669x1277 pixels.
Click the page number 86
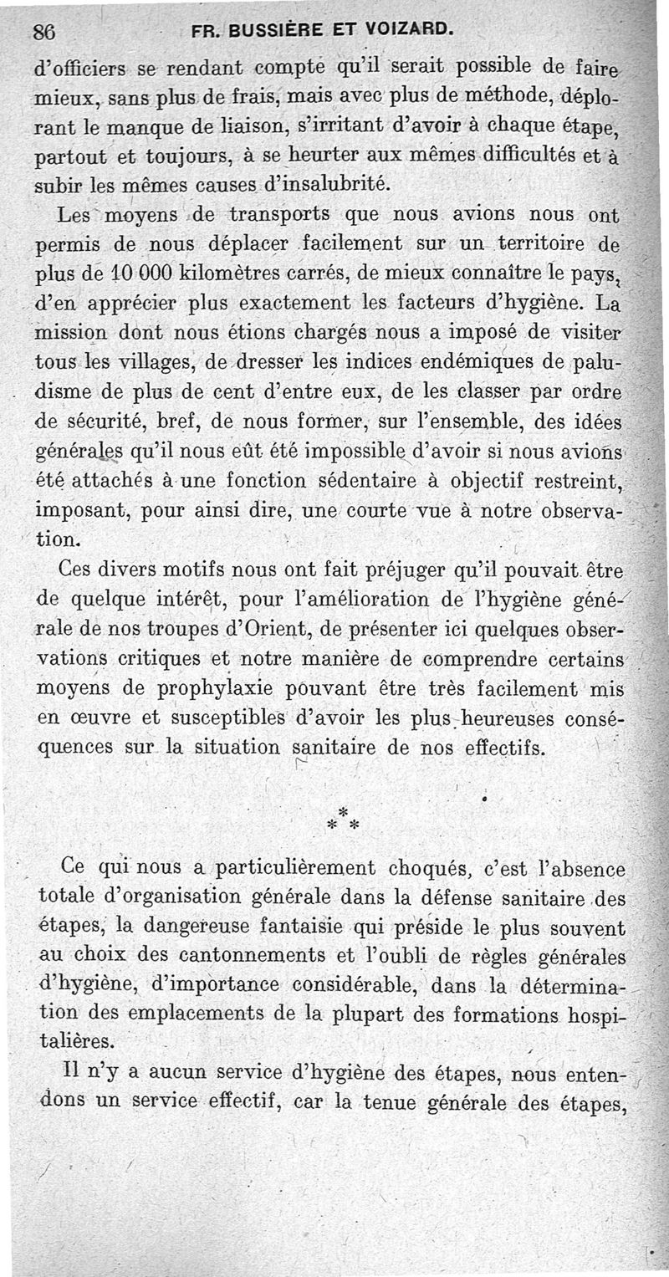(43, 32)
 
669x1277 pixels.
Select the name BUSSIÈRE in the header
(275, 32)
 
